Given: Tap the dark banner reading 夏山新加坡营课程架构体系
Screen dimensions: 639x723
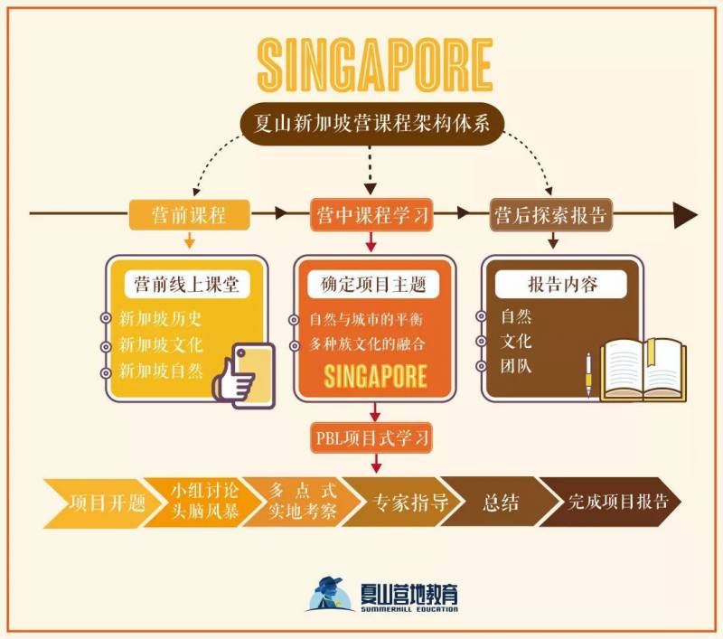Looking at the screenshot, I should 373,123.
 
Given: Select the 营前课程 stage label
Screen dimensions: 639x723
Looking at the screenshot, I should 188,215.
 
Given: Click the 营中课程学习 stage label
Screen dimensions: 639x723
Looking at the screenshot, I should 372,215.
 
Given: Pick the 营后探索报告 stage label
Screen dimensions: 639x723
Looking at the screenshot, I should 550,215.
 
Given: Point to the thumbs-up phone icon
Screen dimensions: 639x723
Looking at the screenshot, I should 243,371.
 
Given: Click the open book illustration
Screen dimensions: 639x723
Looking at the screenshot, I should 644,369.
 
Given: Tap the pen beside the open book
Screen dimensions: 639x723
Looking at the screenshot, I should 588,371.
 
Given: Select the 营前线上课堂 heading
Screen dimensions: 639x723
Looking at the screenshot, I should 187,284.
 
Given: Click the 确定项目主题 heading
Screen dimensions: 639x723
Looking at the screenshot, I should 372,284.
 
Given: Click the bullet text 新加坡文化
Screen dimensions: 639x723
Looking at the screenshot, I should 161,344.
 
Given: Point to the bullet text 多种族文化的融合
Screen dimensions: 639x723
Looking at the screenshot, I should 366,344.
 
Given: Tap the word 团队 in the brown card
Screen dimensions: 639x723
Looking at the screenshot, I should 516,367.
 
